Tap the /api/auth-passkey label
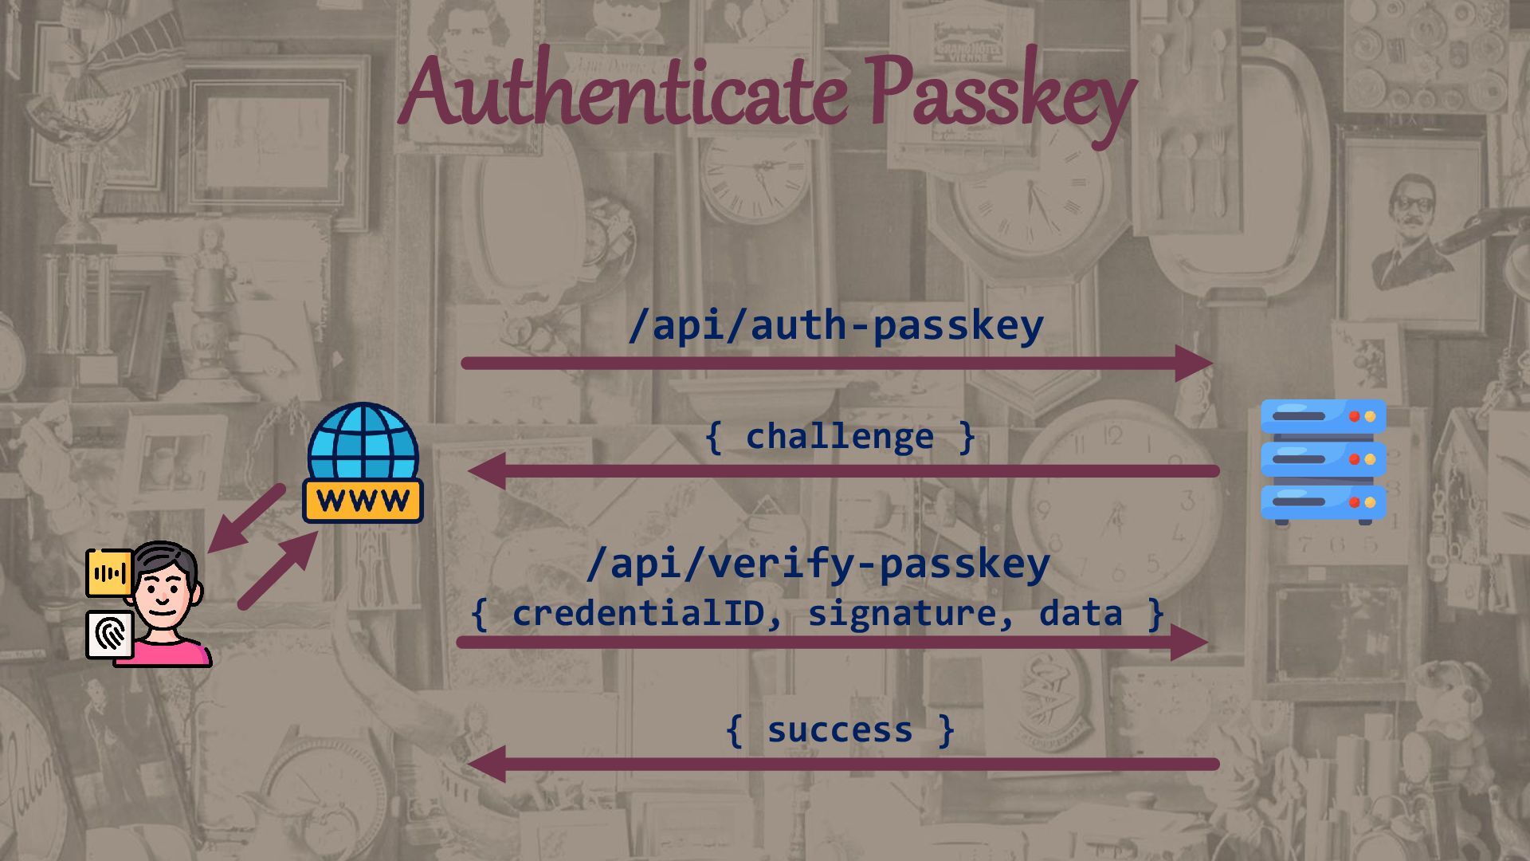[835, 325]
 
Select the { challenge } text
[840, 437]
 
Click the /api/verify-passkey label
[818, 564]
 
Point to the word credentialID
[637, 613]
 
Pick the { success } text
[840, 730]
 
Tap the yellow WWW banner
[363, 501]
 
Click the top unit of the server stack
[1323, 416]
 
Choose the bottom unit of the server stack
[1323, 502]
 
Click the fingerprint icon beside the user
[110, 635]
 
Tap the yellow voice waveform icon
[109, 572]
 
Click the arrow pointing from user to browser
[279, 570]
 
